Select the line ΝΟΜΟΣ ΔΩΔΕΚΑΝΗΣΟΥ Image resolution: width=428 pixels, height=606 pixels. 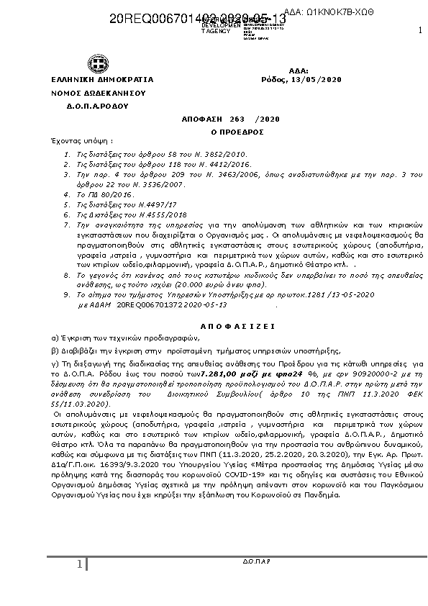pyautogui.click(x=88, y=93)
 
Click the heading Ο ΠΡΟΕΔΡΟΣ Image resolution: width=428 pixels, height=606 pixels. pyautogui.click(x=227, y=132)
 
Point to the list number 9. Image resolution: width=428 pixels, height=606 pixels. pyautogui.click(x=67, y=295)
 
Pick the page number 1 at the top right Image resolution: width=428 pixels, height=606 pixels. pyautogui.click(x=419, y=30)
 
